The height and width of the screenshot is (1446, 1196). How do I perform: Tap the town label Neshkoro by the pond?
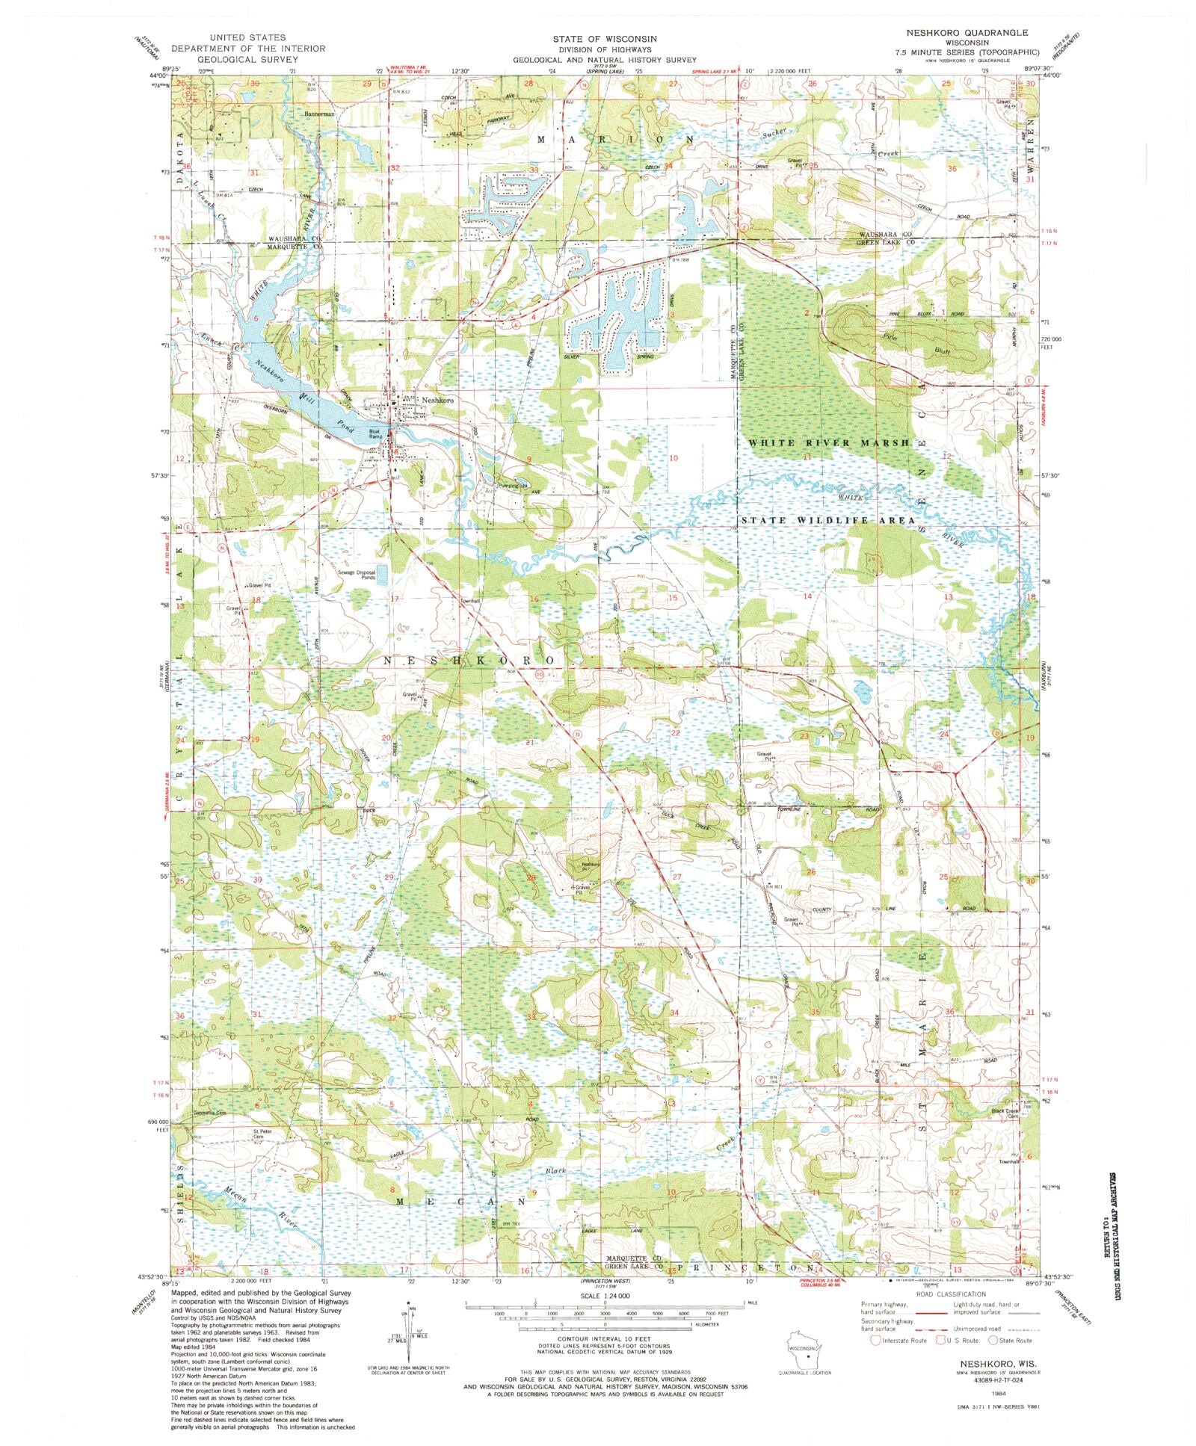pos(437,401)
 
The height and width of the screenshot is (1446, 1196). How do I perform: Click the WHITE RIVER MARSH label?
pos(829,443)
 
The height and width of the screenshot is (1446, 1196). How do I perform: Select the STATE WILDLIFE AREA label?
pos(827,519)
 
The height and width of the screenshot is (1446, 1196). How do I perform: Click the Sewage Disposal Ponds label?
pos(357,574)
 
